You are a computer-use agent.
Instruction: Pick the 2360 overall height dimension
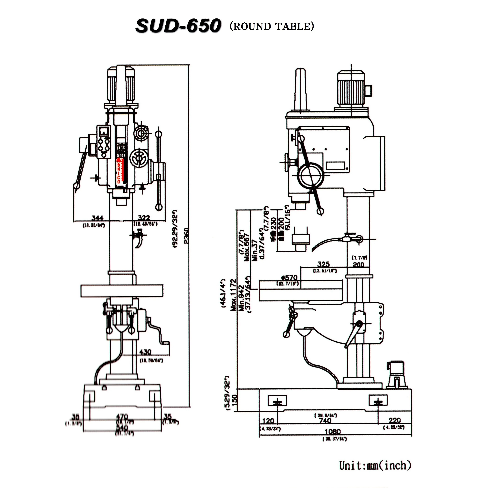pos(186,236)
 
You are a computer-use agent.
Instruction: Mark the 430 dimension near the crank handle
pos(145,352)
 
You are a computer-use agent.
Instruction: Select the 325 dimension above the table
pos(323,264)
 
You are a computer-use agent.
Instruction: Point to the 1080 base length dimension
pos(333,432)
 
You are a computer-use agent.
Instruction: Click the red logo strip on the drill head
pos(120,170)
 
